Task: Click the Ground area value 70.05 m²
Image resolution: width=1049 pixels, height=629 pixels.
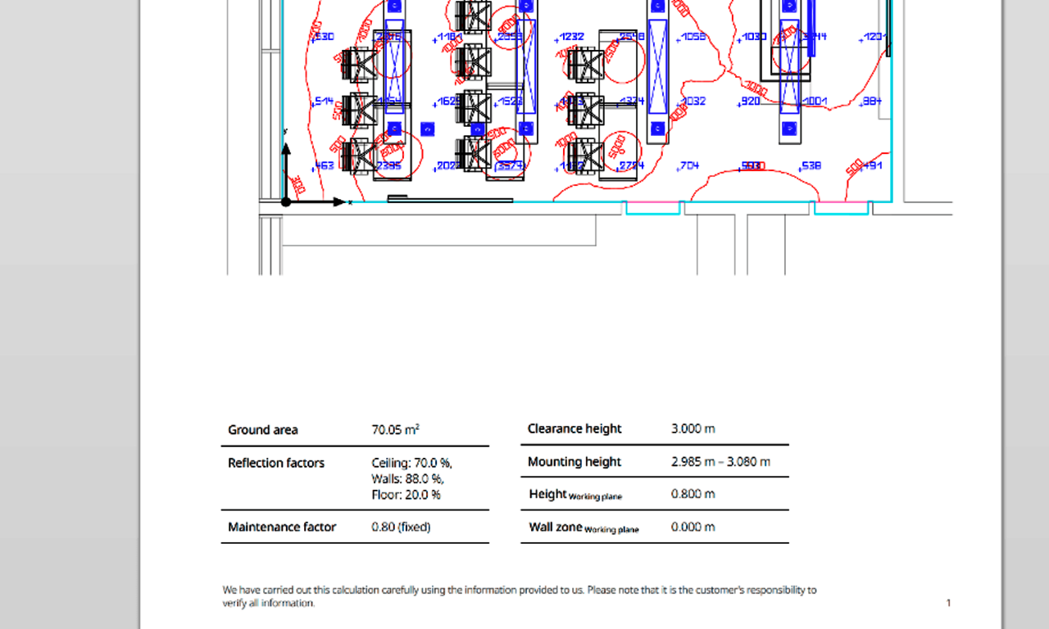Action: (396, 429)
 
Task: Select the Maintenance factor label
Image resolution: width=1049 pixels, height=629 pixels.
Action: (282, 527)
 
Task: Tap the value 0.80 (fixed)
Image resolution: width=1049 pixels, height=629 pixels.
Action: (401, 527)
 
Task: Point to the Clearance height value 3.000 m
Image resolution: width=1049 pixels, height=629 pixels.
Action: (693, 428)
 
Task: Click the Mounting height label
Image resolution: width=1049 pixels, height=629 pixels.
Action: (574, 461)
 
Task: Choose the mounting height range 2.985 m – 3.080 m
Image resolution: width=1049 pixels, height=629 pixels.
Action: (720, 461)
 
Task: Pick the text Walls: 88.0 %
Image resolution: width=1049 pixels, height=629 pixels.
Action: (408, 478)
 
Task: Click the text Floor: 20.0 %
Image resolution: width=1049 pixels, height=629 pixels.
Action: (406, 495)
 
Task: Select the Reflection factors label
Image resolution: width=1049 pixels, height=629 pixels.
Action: (276, 463)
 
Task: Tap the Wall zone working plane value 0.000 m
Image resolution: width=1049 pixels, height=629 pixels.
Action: (693, 527)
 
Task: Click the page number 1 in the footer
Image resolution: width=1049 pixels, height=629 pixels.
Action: (949, 603)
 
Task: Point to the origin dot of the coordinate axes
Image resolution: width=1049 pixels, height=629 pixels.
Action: (286, 201)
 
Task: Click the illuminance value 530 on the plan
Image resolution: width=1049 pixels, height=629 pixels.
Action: (325, 37)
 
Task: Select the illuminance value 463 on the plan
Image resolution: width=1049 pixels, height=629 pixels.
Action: (325, 165)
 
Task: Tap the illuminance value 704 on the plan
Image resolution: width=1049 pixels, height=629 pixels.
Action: (689, 165)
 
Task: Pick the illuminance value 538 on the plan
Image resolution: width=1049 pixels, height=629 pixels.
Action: (811, 165)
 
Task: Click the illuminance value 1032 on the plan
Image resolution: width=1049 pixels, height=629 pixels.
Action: (693, 101)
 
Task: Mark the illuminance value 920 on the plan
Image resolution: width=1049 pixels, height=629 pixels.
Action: (750, 101)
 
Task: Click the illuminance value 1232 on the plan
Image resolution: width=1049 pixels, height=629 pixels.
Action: (571, 37)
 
